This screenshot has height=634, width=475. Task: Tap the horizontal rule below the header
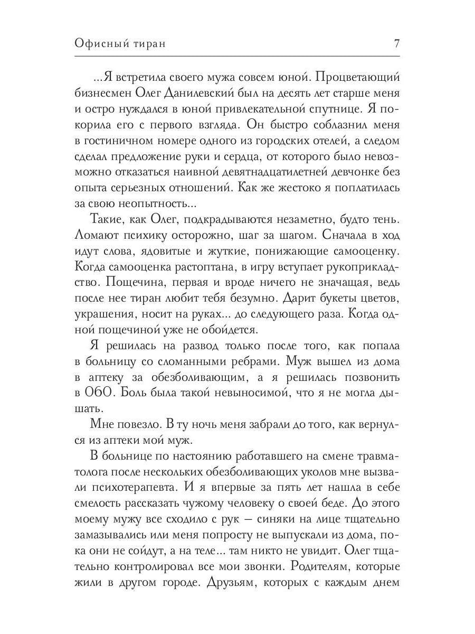pyautogui.click(x=237, y=57)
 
